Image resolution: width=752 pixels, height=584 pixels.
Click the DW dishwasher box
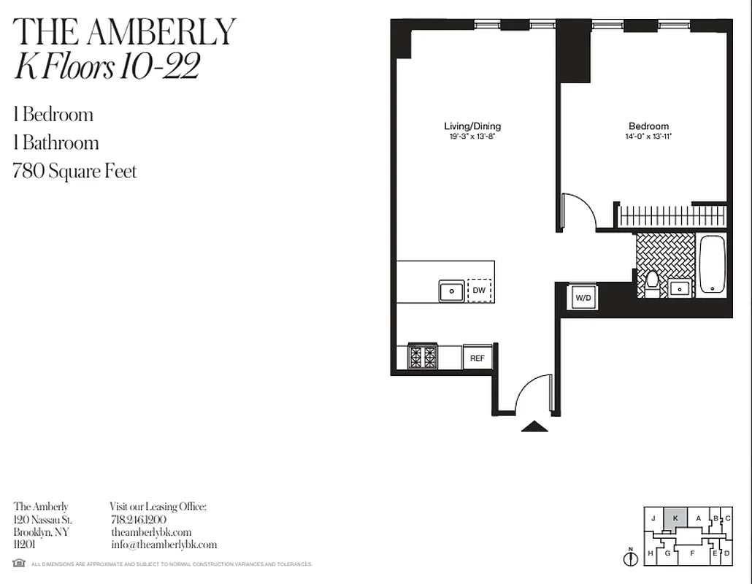tap(479, 291)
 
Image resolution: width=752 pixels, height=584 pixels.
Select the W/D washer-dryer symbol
tap(583, 298)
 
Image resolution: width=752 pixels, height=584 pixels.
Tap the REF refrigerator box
tap(477, 358)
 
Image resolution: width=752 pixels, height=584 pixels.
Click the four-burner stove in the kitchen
tap(422, 357)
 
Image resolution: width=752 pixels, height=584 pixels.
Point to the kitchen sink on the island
tap(451, 291)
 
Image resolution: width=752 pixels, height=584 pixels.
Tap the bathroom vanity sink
tap(680, 288)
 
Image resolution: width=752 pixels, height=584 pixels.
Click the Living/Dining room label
tap(472, 126)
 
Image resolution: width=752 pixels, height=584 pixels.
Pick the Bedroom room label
tap(648, 126)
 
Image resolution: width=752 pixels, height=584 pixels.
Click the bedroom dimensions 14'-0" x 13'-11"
tap(648, 137)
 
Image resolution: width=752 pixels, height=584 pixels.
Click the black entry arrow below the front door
tap(534, 426)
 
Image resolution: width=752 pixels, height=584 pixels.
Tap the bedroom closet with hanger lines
tap(672, 217)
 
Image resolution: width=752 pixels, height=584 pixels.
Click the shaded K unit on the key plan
tap(675, 518)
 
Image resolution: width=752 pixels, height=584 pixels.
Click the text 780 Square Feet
tap(75, 172)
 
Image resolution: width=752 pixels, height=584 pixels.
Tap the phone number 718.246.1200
tap(138, 520)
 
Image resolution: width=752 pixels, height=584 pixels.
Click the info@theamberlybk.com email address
tap(164, 545)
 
